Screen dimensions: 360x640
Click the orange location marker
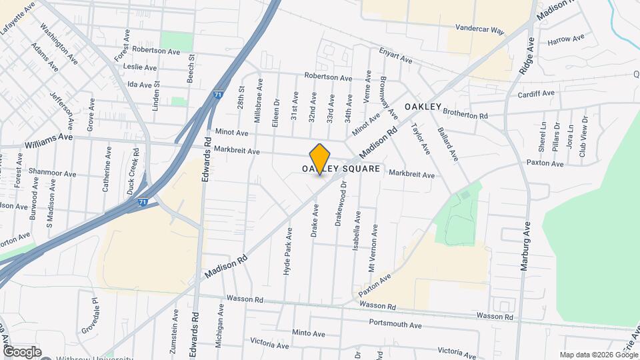click(x=320, y=159)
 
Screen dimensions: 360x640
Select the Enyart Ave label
click(x=395, y=56)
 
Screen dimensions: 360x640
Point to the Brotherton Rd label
click(x=465, y=115)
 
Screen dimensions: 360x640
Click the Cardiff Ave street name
click(x=536, y=94)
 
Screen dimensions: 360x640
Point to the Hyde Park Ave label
click(x=289, y=252)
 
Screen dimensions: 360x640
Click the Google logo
click(x=22, y=351)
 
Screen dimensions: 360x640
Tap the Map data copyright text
click(x=598, y=355)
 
